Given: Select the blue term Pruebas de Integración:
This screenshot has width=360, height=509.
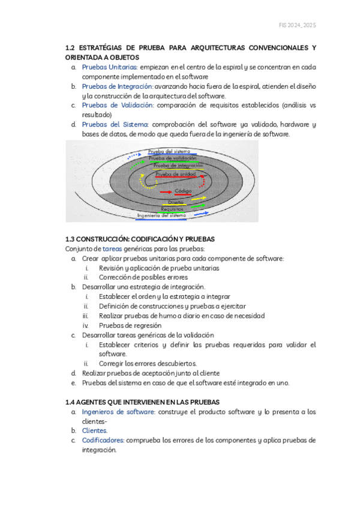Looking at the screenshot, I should coord(118,86).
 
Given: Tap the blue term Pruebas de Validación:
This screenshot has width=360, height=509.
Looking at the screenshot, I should coord(118,105).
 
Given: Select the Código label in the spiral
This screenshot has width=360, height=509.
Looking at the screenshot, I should coord(182,191).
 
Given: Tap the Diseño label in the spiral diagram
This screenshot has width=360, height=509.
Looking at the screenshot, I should coord(176,202).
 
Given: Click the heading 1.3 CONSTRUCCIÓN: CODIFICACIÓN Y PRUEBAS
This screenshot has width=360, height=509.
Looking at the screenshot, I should coord(139,239).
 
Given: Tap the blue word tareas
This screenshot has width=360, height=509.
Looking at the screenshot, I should coord(112,248).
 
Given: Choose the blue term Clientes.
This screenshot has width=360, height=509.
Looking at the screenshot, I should coord(95,430).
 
